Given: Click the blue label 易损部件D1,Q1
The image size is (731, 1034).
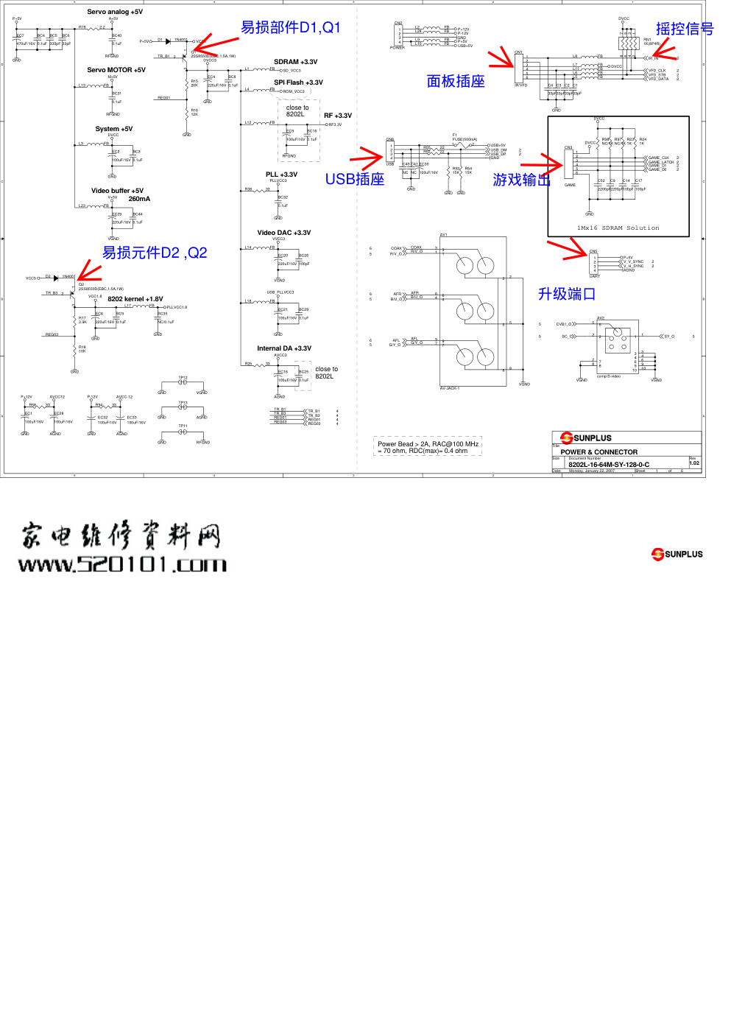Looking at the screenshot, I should (291, 27).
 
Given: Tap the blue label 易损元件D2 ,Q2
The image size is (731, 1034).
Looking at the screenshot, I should (155, 253).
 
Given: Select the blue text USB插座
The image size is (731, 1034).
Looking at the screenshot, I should (355, 179).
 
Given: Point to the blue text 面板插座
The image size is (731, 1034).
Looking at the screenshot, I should (456, 81).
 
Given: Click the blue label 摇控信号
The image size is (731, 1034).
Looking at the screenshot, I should (685, 29).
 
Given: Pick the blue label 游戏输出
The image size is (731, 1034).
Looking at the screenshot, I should (521, 180).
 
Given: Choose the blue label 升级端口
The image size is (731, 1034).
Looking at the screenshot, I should (566, 294).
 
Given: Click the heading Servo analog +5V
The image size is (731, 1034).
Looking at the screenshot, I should (115, 12).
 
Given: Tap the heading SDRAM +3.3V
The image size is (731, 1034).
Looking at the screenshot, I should (295, 62).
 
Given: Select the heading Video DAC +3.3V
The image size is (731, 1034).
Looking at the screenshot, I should (283, 233).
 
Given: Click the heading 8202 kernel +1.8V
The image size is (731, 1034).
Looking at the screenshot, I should (135, 299).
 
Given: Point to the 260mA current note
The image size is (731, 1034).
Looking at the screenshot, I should (139, 199).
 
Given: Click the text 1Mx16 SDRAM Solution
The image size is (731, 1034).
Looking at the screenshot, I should (618, 228).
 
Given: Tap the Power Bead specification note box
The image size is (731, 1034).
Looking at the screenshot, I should (428, 447).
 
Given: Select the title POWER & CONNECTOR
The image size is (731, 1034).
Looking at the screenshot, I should (598, 452).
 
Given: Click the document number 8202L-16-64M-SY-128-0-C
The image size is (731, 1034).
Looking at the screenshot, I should (609, 465).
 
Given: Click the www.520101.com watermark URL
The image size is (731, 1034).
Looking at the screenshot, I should (122, 565).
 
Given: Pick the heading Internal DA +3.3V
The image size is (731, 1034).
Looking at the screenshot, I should (283, 348).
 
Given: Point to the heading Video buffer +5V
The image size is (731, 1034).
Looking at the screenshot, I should (117, 191).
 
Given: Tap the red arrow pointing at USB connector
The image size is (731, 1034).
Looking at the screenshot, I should (366, 157).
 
